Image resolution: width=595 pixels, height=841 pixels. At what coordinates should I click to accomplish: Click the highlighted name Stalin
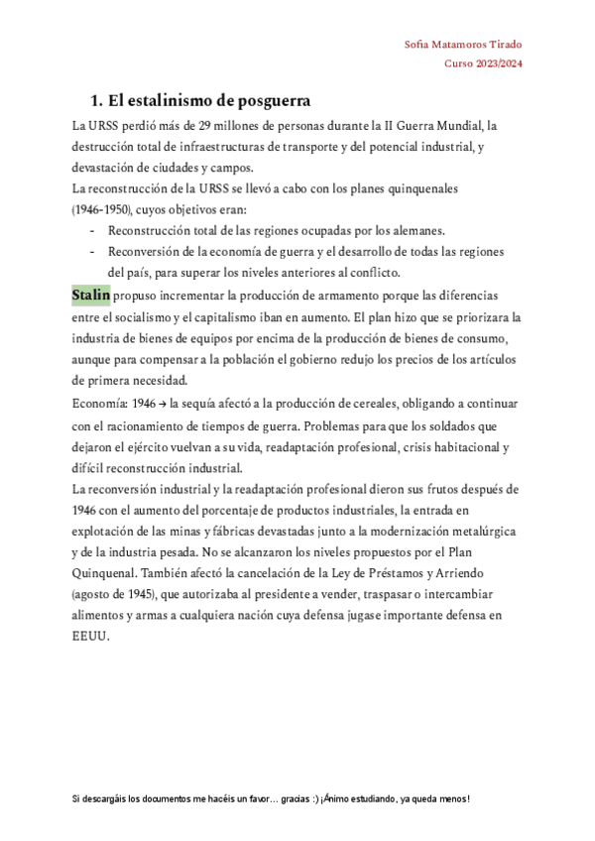click(91, 296)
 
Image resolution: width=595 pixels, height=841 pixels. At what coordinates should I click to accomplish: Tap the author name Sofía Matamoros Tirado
click(464, 45)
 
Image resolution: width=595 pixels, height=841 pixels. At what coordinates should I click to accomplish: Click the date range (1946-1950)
click(104, 210)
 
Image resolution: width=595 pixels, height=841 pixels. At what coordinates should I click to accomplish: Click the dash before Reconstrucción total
click(92, 231)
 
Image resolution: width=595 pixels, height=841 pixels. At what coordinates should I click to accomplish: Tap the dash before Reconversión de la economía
click(92, 252)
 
